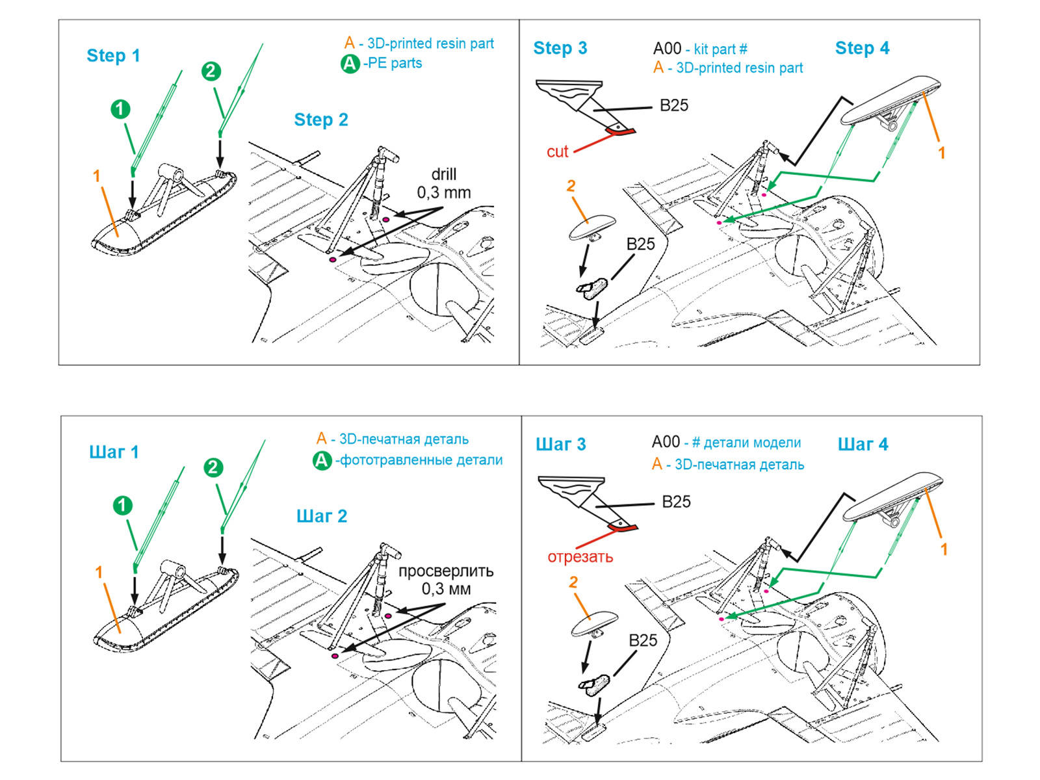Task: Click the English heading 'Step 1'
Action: [113, 56]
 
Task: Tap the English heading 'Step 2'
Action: [321, 120]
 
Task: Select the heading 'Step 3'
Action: [560, 48]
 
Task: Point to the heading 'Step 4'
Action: [862, 48]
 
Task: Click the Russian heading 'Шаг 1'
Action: [114, 452]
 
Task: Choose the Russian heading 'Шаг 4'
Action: [863, 445]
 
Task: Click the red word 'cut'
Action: [557, 151]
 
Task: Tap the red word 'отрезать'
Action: [580, 557]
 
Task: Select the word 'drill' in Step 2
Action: [444, 174]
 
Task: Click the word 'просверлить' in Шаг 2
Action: [446, 571]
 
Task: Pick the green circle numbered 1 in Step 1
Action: [120, 109]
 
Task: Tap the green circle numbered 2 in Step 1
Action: [211, 71]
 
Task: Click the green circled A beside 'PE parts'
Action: [350, 64]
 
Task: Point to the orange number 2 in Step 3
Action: [571, 186]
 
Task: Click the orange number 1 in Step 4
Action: [941, 153]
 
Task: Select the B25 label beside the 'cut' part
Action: [673, 105]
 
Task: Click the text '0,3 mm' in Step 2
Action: [444, 192]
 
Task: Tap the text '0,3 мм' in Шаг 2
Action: [446, 589]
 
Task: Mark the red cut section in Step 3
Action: [620, 132]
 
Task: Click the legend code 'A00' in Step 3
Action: [667, 49]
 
